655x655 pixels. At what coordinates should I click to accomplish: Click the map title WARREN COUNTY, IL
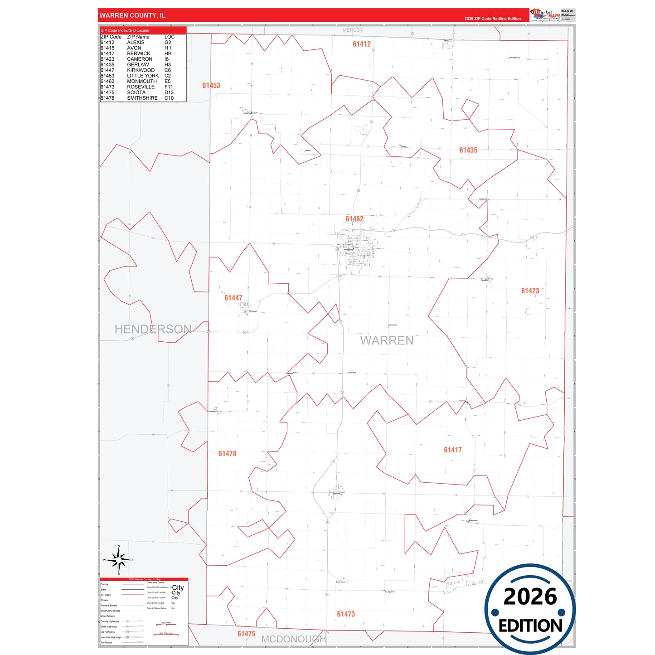coord(132,15)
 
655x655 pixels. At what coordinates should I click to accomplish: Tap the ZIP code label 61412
coord(362,44)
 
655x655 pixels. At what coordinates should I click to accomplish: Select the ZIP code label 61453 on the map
coord(211,85)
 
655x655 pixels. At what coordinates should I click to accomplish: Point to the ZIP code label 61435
coord(468,150)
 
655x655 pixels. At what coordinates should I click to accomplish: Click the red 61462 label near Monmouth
coord(354,219)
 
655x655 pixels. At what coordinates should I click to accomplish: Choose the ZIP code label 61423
coord(530,291)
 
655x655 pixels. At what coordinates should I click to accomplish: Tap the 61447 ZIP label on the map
coord(233,298)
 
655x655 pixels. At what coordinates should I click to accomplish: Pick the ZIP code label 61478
coord(227,454)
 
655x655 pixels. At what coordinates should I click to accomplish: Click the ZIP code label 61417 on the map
coord(453,450)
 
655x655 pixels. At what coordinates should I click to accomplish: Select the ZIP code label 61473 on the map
coord(346,614)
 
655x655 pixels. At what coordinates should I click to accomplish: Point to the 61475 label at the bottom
coord(246,634)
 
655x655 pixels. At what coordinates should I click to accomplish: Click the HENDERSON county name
coord(153,329)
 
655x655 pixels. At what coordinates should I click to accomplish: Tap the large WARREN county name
coord(387,340)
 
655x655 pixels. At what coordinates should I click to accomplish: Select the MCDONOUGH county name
coord(294,639)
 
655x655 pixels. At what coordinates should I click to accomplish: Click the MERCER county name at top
coord(353,30)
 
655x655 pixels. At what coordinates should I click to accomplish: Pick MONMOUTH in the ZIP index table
coord(142,81)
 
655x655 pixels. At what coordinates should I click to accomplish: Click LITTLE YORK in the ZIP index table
coord(143,76)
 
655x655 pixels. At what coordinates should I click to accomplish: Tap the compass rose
coord(118,560)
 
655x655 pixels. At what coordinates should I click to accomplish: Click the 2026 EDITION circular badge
coord(530,609)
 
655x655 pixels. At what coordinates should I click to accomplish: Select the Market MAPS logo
coord(545,15)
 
